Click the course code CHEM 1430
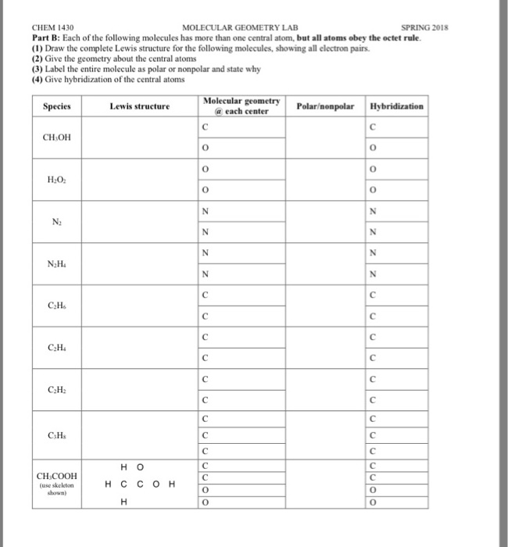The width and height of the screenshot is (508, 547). click(52, 27)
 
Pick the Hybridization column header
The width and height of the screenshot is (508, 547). click(397, 105)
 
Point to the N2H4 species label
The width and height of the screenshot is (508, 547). click(55, 263)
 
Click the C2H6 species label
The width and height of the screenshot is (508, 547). click(55, 306)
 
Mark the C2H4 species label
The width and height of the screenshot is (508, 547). click(55, 349)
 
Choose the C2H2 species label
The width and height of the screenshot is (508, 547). click(55, 391)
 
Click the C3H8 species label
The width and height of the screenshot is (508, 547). click(55, 434)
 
